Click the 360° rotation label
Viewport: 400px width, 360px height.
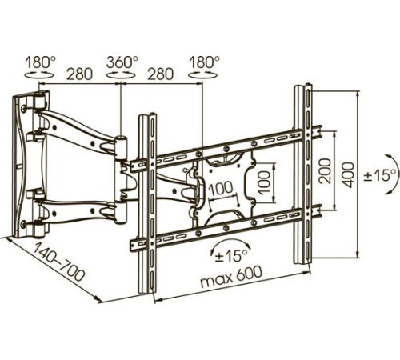pos(122,62)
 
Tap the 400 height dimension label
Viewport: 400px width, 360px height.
pos(349,174)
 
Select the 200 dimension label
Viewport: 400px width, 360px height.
pos(325,171)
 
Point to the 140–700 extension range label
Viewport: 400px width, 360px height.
pos(58,262)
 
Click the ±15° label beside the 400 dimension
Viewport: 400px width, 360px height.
pos(380,176)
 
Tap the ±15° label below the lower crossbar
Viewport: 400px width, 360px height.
pos(231,256)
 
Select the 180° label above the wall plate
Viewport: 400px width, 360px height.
pos(41,62)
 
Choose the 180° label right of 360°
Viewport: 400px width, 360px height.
pos(204,62)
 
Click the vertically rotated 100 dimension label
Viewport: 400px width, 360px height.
pos(264,183)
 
